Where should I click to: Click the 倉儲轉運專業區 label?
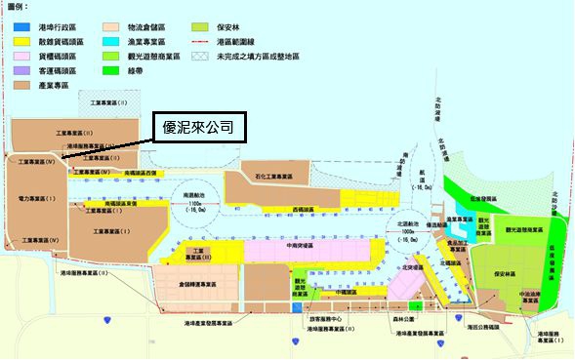(x=196, y=284)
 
